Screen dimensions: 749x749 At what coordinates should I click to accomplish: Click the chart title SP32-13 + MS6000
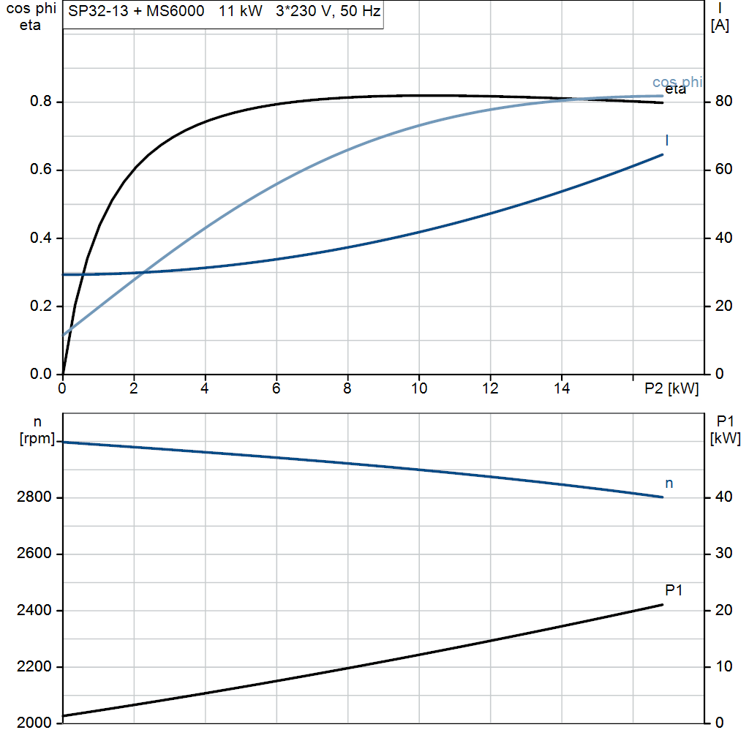[136, 12]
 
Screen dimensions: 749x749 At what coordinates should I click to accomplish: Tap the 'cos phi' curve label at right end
[677, 82]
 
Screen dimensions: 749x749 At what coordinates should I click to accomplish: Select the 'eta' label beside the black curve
[675, 90]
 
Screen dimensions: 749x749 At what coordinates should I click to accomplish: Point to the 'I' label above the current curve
[667, 140]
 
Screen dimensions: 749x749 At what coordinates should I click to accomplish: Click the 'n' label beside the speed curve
[669, 483]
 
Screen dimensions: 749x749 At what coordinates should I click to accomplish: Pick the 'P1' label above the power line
[674, 590]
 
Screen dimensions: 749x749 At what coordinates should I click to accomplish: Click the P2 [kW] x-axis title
[671, 389]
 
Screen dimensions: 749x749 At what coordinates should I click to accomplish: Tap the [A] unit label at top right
[720, 26]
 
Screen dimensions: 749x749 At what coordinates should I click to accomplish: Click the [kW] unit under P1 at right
[725, 439]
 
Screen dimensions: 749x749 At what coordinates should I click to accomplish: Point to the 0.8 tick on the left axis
[41, 102]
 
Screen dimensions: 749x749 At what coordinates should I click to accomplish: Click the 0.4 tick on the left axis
[41, 238]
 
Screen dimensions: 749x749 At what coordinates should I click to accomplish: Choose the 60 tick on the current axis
[723, 170]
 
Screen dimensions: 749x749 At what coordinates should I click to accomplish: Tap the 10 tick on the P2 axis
[418, 389]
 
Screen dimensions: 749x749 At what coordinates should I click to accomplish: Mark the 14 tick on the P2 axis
[561, 389]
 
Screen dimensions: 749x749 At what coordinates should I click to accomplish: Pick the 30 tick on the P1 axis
[723, 554]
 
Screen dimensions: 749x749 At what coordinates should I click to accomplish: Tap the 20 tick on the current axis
[723, 306]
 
